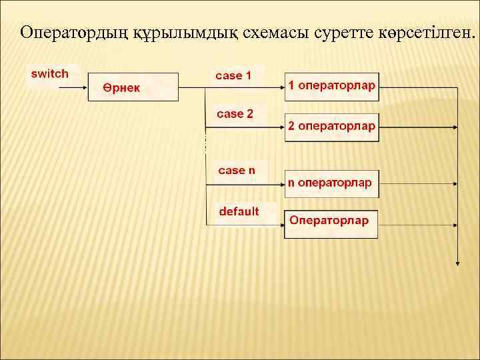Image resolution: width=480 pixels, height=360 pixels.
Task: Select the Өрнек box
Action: [133, 87]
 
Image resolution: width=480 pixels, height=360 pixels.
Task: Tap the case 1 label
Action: [233, 76]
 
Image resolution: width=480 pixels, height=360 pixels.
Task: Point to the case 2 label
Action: [235, 114]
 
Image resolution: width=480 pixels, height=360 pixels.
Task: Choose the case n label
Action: [237, 170]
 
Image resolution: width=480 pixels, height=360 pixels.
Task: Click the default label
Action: [239, 211]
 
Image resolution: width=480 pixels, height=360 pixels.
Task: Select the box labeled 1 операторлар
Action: [332, 87]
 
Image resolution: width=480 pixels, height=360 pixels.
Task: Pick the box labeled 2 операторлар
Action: [332, 127]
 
